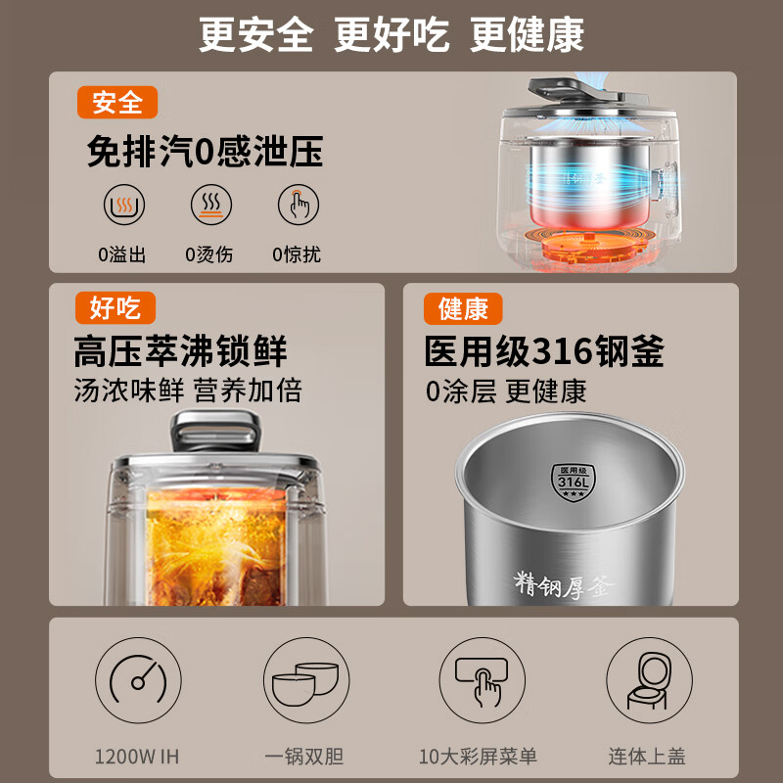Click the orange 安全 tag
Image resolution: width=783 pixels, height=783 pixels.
click(x=117, y=103)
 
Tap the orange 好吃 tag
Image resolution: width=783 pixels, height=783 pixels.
click(x=115, y=308)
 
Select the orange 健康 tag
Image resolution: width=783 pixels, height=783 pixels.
click(x=463, y=309)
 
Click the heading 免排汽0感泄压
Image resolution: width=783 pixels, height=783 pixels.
click(x=205, y=153)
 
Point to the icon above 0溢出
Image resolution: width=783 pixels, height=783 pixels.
click(x=124, y=206)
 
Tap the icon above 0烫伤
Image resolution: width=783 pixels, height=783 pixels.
click(x=210, y=206)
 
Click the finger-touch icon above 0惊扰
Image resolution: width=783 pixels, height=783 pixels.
click(x=298, y=206)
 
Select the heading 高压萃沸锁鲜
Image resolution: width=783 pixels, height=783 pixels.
click(x=180, y=351)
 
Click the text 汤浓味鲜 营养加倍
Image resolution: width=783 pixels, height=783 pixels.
click(x=188, y=391)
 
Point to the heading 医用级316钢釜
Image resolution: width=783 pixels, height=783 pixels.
click(x=544, y=351)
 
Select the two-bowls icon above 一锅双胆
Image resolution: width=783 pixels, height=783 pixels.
click(x=303, y=682)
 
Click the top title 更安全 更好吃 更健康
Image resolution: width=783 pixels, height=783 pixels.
click(x=391, y=35)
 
